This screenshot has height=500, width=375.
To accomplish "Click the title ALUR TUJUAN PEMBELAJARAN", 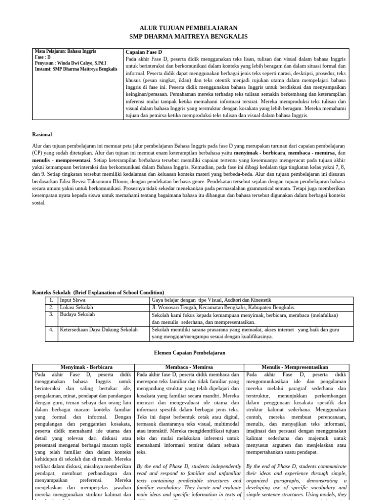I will [x=188, y=28].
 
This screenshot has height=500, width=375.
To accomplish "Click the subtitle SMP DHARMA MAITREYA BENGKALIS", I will [x=188, y=37].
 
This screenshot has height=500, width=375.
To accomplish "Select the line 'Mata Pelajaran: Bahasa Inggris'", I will [x=65, y=51].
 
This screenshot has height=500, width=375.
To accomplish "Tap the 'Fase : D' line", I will [x=44, y=57].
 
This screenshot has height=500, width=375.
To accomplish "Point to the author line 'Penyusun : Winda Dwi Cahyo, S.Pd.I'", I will [x=70, y=63].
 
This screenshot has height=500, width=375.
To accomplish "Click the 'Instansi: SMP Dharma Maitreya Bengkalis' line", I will [x=76, y=69].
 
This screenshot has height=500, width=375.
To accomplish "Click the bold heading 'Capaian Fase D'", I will [x=144, y=52].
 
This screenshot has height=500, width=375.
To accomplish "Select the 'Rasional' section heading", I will [x=42, y=134].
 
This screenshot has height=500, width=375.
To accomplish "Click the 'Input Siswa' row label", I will [x=72, y=300].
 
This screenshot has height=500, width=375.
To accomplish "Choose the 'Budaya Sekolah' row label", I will [x=77, y=315].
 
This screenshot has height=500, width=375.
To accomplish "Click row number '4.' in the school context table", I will [x=51, y=330].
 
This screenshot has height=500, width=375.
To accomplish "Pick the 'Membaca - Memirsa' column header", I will [x=189, y=367].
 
